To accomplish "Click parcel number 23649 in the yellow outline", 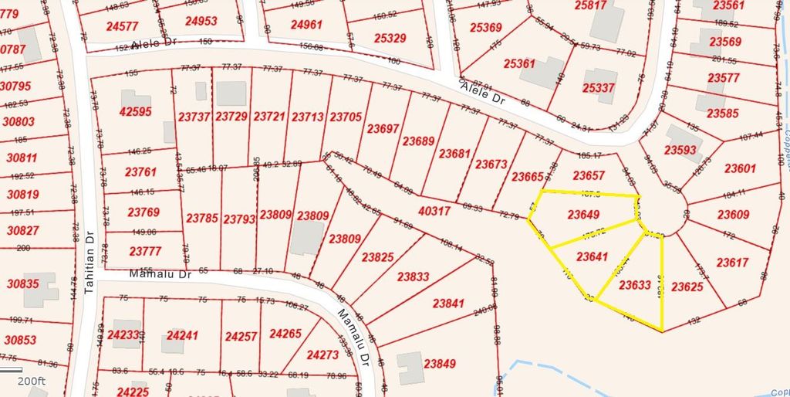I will (x=583, y=214).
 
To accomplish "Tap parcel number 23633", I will (x=635, y=284).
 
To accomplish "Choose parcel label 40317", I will (x=434, y=210).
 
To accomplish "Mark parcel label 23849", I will (x=439, y=363).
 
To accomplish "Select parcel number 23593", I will (x=680, y=150).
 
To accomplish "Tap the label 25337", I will (x=599, y=88).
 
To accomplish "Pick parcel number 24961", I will (x=306, y=24).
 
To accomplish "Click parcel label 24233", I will (x=123, y=335).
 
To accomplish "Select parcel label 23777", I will (x=145, y=251).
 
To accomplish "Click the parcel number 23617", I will (x=731, y=263).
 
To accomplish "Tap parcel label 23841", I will (x=448, y=304).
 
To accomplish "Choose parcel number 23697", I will (x=383, y=128).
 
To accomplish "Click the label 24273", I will (x=322, y=355).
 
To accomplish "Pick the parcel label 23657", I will (x=589, y=175).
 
